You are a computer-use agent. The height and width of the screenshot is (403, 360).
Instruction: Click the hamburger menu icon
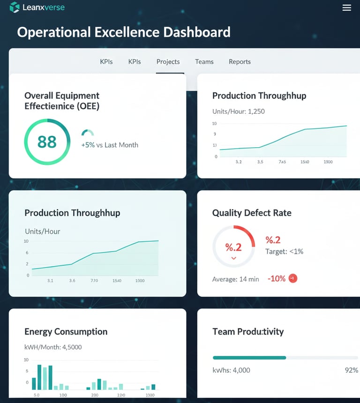pyautogui.click(x=347, y=7)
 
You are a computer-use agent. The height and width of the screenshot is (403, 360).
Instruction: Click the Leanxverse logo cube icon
pyautogui.click(x=15, y=7)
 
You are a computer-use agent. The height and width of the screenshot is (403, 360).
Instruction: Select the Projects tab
pyautogui.click(x=168, y=62)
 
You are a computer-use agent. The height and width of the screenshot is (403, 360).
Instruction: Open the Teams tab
pyautogui.click(x=204, y=62)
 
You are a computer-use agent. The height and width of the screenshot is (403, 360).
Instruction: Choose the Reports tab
pyautogui.click(x=240, y=62)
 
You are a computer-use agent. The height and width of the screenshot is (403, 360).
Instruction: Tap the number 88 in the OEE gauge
pyautogui.click(x=47, y=142)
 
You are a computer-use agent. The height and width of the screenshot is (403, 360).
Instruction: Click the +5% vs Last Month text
pyautogui.click(x=110, y=145)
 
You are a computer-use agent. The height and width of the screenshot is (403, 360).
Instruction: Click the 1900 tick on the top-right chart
pyautogui.click(x=328, y=162)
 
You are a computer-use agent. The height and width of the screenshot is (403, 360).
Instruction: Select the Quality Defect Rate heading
pyautogui.click(x=252, y=213)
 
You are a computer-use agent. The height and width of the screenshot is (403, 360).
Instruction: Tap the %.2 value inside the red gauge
pyautogui.click(x=233, y=247)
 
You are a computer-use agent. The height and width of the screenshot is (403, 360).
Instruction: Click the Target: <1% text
pyautogui.click(x=284, y=252)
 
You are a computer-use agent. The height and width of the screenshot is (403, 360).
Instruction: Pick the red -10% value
pyautogui.click(x=277, y=279)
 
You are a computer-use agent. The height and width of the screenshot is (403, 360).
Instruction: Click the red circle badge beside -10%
pyautogui.click(x=292, y=278)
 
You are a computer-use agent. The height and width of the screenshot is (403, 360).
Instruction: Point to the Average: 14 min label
pyautogui.click(x=235, y=279)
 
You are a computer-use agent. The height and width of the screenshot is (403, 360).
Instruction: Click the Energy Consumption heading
pyautogui.click(x=66, y=332)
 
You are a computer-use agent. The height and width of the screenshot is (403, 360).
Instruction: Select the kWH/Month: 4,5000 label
pyautogui.click(x=53, y=347)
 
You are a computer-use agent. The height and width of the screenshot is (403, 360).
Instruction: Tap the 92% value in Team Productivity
pyautogui.click(x=351, y=370)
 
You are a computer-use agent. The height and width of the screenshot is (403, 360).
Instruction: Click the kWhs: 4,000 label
pyautogui.click(x=231, y=370)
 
